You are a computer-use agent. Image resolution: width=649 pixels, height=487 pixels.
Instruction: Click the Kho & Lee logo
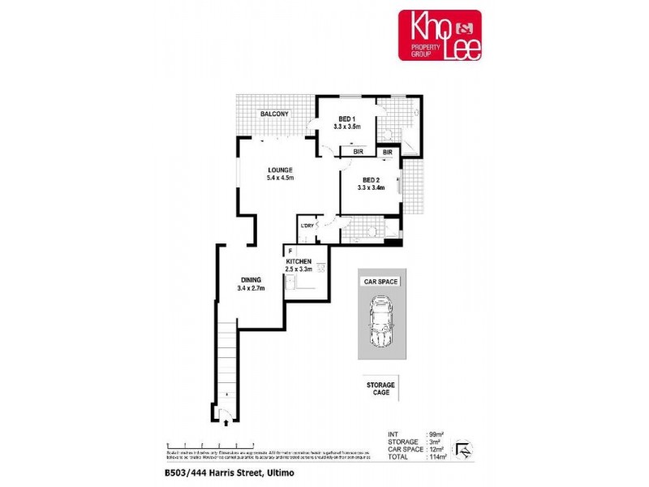[x=439, y=35]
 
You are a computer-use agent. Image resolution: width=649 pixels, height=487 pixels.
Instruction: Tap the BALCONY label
[x=274, y=114]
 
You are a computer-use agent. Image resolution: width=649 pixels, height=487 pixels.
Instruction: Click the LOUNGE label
[x=279, y=170]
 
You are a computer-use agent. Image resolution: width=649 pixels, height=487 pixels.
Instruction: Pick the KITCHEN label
[x=299, y=261]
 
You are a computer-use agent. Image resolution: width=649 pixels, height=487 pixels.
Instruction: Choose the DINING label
[x=250, y=280]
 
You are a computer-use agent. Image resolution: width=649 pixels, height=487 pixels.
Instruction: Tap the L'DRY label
[x=307, y=226]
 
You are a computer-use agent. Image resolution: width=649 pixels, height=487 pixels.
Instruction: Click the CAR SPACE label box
[x=382, y=282]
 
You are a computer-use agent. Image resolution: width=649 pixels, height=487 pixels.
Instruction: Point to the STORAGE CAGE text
[x=382, y=388]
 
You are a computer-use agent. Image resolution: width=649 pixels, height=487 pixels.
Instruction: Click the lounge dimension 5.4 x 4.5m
[x=279, y=178]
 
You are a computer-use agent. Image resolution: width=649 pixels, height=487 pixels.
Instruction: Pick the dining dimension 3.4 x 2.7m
[x=250, y=288]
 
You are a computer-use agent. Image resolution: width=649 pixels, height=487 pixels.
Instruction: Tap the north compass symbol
[x=462, y=448]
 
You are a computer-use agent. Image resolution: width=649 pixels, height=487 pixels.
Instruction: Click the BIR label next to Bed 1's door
[x=357, y=152]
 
